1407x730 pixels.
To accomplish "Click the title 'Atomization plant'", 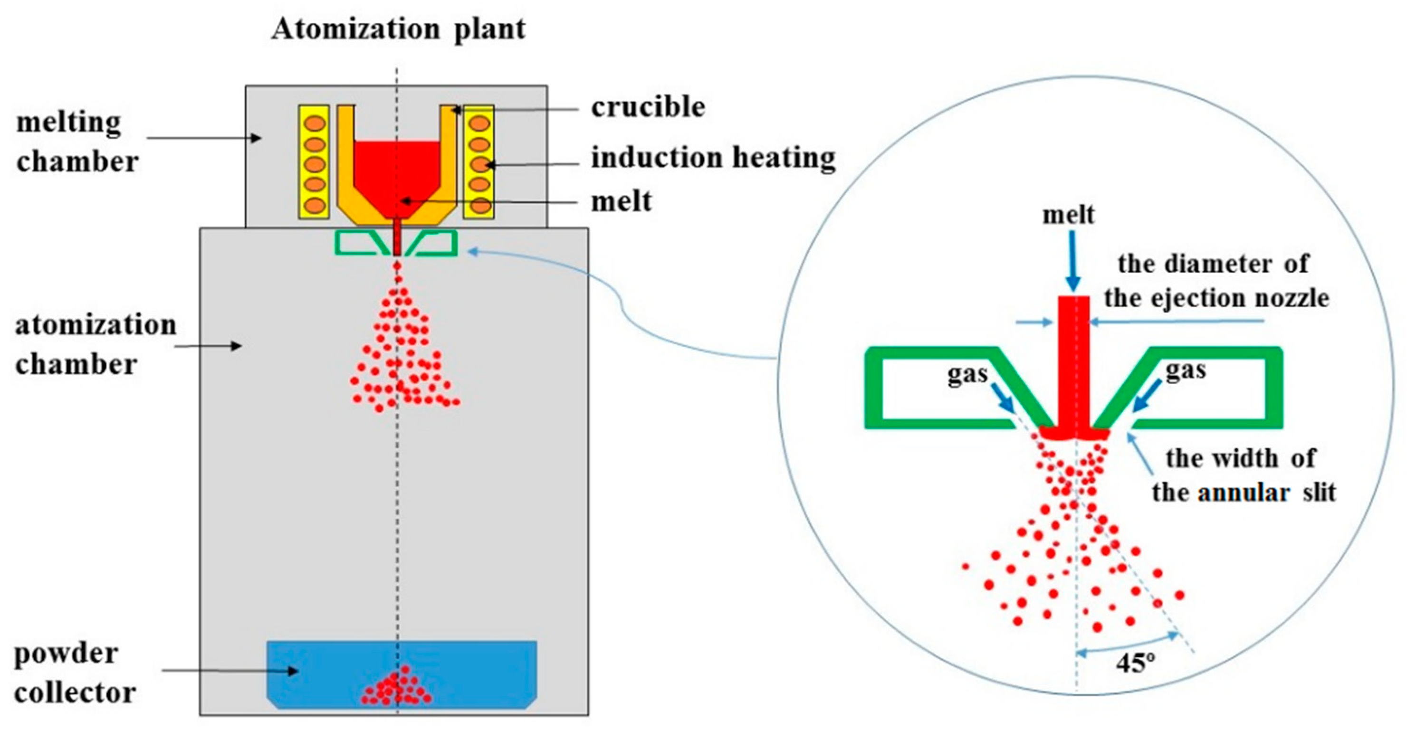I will click(398, 29).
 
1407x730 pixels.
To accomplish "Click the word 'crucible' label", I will click(648, 107).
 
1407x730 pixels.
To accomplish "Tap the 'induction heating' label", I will click(713, 158).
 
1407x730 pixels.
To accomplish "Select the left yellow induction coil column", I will click(314, 162).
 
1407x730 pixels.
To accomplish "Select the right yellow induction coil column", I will click(479, 162).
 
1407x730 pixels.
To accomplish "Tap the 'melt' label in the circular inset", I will click(1068, 215).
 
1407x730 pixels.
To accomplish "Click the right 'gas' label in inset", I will click(1185, 371).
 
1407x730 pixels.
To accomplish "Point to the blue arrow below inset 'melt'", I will click(1073, 262).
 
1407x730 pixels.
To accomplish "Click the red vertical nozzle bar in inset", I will click(1074, 360).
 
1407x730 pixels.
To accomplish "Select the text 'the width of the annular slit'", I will click(1243, 475).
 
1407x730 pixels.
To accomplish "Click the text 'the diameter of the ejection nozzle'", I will click(1216, 282).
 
